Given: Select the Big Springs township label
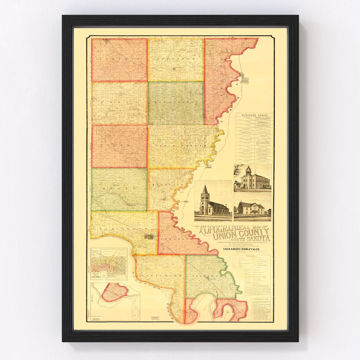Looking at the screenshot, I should tap(176, 102).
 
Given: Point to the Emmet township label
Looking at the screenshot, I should tap(119, 102).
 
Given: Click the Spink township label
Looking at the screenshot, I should tap(119, 146).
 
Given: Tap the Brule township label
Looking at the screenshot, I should tap(119, 189).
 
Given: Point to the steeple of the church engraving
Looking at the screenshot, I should tap(205, 191).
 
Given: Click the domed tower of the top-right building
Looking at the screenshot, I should tap(248, 170).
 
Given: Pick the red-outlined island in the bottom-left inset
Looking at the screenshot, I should tap(115, 292).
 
